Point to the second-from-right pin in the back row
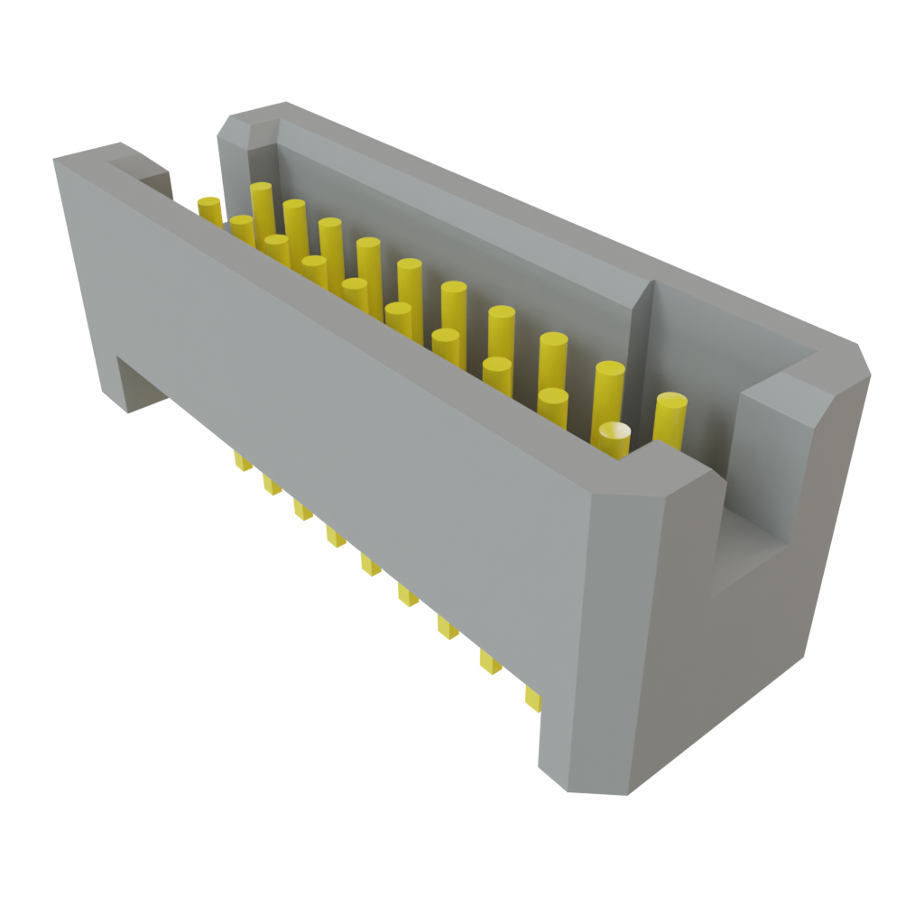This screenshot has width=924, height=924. click(x=610, y=383)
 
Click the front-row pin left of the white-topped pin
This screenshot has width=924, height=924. click(x=553, y=405)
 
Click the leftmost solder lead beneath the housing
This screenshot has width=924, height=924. click(x=241, y=462)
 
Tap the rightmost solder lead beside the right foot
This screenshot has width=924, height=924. click(x=532, y=697)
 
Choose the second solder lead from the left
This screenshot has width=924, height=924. click(x=271, y=485)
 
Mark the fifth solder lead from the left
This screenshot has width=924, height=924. click(x=370, y=565)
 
